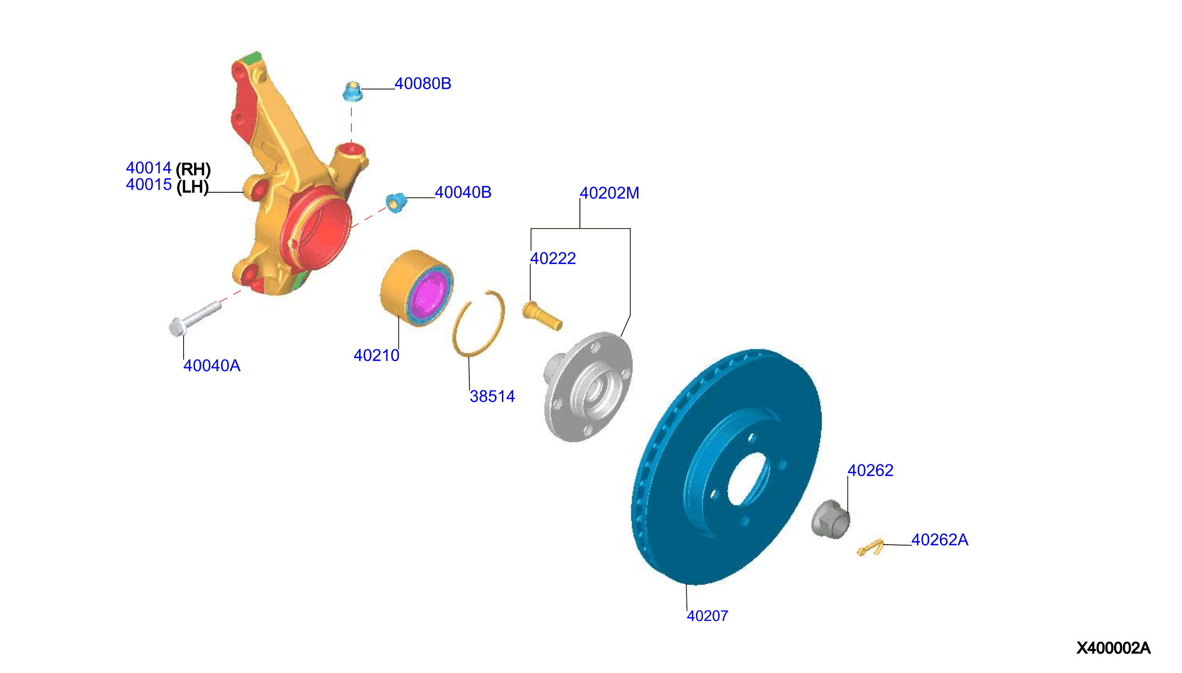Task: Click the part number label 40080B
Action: pyautogui.click(x=423, y=83)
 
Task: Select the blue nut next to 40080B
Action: pyautogui.click(x=353, y=91)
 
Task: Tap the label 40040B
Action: pyautogui.click(x=463, y=192)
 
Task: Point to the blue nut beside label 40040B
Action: pyautogui.click(x=396, y=202)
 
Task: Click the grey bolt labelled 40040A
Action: pyautogui.click(x=195, y=318)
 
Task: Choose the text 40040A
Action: pyautogui.click(x=212, y=366)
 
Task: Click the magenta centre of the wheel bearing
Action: pyautogui.click(x=429, y=296)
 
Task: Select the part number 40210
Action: pyautogui.click(x=376, y=356)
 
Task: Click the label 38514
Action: pyautogui.click(x=492, y=396)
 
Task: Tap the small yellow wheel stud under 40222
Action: pyautogui.click(x=542, y=316)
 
